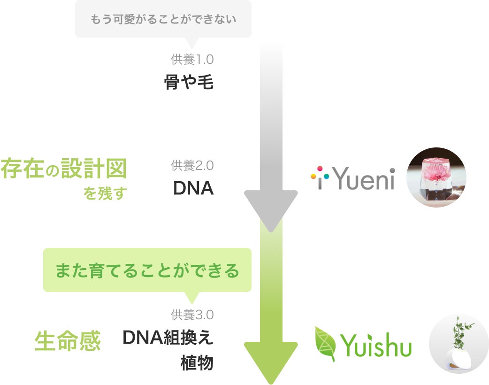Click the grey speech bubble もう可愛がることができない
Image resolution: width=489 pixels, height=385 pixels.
click(x=163, y=19)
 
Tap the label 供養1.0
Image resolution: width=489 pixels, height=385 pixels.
click(x=192, y=60)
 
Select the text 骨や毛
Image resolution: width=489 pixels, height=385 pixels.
click(x=189, y=83)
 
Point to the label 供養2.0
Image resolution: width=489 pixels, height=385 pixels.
click(x=192, y=165)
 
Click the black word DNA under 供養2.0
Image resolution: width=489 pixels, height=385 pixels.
click(x=193, y=188)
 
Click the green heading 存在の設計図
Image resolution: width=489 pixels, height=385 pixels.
click(x=64, y=169)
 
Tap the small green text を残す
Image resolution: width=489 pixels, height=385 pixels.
click(x=105, y=193)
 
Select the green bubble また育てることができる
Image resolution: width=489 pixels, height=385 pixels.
click(x=147, y=271)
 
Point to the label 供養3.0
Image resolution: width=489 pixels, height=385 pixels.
click(x=192, y=314)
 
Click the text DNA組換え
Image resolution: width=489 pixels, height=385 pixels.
click(x=168, y=337)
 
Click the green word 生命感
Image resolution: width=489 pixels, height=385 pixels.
click(x=68, y=341)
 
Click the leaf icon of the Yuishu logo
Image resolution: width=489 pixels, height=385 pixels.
click(x=326, y=343)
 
